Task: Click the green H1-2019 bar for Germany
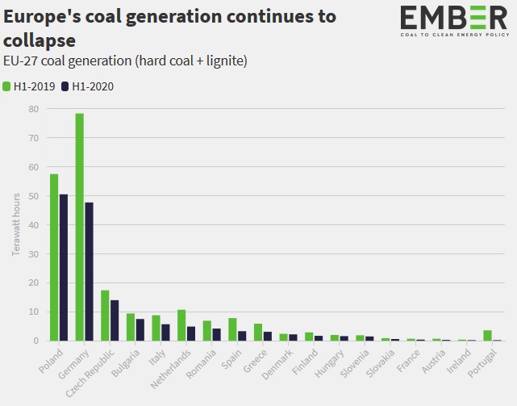tap(80, 227)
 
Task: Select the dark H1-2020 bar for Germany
tap(89, 271)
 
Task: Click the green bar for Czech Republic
tap(105, 316)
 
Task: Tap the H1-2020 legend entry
tap(87, 86)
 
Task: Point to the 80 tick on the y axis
tap(33, 109)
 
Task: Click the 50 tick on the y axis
tap(33, 196)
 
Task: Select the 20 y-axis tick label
tap(33, 283)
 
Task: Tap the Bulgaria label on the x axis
tap(122, 363)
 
